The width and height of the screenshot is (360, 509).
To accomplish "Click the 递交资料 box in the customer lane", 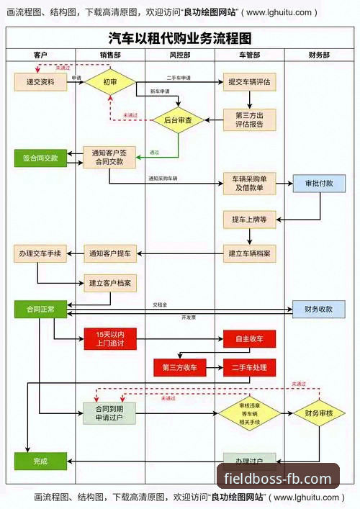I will (40, 81).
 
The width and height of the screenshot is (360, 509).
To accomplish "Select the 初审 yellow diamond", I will (110, 81).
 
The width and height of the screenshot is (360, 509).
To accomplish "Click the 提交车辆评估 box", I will (249, 81).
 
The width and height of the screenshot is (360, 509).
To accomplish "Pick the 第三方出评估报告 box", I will (249, 119).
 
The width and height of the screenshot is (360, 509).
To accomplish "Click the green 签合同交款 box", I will (40, 157).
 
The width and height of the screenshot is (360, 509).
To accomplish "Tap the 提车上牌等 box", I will (249, 219).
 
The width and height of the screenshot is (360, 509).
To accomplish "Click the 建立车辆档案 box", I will (249, 253).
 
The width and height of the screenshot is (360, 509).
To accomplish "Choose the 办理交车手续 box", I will (40, 253).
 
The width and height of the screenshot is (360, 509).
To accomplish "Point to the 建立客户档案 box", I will (110, 283).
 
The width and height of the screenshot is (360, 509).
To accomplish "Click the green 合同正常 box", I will (40, 309).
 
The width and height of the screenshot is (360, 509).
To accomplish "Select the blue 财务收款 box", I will (319, 309).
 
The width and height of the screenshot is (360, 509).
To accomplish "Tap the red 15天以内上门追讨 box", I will (110, 338).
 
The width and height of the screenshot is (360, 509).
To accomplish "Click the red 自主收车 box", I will (249, 338).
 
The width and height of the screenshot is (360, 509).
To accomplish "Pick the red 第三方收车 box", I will (179, 367).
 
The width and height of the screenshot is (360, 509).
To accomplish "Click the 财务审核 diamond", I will (319, 413).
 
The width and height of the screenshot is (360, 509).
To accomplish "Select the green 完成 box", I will (40, 461).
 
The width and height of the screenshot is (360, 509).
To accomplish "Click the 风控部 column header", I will (179, 55).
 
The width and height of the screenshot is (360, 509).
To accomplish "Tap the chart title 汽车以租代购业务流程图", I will (179, 38).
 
